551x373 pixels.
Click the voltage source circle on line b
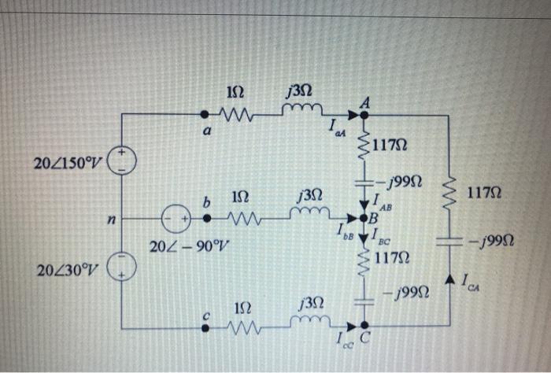(x=174, y=216)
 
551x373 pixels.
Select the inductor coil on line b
(x=308, y=213)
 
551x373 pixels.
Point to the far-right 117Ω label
(x=486, y=191)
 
